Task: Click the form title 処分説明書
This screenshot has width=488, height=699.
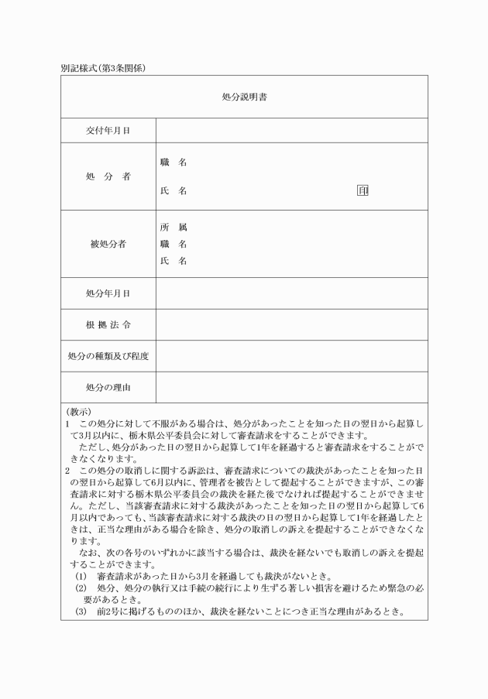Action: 244,98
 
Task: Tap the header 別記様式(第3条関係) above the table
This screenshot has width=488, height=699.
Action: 103,68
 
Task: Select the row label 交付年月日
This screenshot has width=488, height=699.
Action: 108,130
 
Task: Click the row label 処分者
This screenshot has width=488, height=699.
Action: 108,176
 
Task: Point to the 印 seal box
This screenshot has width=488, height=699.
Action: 362,190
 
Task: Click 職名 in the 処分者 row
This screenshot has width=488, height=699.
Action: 174,163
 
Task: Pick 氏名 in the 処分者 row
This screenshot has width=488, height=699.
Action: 174,190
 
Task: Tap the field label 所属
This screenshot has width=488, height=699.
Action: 174,228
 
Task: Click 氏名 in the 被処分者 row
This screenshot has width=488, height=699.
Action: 174,261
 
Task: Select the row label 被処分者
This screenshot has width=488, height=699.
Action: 108,244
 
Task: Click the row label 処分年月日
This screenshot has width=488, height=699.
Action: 108,293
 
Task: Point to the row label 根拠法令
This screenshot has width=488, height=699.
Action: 108,324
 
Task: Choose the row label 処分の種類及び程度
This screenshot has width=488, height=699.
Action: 108,356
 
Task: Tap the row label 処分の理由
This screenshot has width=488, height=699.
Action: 108,387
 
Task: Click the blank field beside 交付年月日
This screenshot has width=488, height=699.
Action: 291,130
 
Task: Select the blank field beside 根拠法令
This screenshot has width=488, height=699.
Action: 291,324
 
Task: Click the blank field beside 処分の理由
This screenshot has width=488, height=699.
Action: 291,387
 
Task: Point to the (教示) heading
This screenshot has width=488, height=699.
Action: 78,412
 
